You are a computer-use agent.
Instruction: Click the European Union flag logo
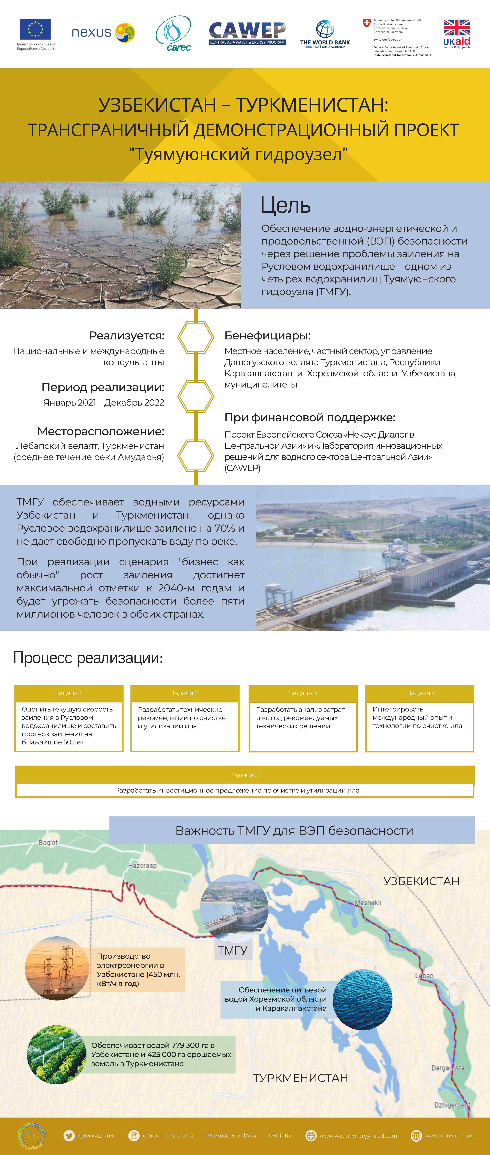click(35, 30)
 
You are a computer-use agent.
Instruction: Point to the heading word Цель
click(285, 206)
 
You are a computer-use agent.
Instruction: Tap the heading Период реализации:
click(103, 387)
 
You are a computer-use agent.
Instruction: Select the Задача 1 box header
click(68, 693)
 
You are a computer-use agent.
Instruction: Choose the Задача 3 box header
click(303, 693)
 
